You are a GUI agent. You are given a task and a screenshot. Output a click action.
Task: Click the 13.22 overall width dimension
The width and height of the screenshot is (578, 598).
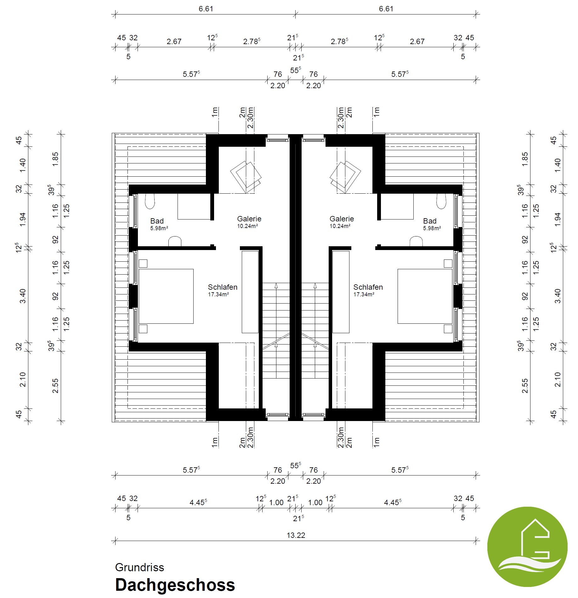tap(296, 535)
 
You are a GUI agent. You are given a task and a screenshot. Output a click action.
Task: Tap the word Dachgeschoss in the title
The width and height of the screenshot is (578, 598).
tap(175, 585)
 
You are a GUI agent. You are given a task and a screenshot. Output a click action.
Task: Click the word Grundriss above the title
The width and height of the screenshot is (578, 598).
tap(139, 567)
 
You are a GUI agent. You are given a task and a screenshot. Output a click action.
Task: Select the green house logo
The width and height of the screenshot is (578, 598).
tap(527, 547)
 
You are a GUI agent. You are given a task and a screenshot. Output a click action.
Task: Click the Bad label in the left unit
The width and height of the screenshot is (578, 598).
tap(157, 221)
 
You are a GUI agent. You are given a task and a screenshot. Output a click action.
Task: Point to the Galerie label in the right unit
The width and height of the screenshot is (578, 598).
tap(342, 219)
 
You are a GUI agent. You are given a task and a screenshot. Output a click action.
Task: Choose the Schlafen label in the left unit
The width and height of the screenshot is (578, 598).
tap(223, 287)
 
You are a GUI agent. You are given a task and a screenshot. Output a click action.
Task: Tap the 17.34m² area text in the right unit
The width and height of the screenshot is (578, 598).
tap(364, 294)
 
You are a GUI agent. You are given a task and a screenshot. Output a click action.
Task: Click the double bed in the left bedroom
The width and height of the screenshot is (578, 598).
tap(166, 296)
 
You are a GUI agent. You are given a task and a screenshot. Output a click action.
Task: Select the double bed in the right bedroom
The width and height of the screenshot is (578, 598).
tap(425, 296)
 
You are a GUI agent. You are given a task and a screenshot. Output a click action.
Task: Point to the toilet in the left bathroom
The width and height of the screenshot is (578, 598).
tap(150, 201)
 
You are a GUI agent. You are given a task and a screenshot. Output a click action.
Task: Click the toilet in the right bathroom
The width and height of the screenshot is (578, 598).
tap(441, 201)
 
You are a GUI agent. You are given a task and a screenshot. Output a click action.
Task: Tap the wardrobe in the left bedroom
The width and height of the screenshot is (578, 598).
tap(250, 292)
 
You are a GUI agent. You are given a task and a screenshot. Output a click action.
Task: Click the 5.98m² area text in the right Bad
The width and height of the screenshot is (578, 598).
tap(432, 228)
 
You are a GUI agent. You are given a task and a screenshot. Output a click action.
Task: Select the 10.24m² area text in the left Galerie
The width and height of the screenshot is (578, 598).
tap(247, 226)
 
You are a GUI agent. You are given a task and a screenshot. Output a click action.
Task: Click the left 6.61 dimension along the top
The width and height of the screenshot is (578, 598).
tap(206, 9)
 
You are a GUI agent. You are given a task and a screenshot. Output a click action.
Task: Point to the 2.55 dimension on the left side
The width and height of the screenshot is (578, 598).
tap(55, 385)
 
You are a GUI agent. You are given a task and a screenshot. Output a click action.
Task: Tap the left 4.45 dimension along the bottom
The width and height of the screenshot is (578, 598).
tap(198, 502)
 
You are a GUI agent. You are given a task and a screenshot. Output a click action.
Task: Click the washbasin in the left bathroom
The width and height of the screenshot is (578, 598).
tap(175, 242)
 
